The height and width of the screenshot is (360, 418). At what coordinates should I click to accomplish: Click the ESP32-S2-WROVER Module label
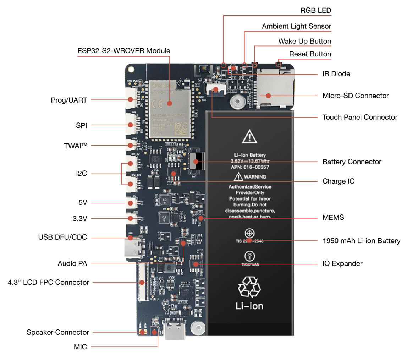pos(124,51)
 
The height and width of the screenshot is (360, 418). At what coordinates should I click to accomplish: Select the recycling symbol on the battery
pos(249,287)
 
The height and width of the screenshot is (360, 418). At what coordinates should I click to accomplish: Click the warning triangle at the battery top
pos(249,136)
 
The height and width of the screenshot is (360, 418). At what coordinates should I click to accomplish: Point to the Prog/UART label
pos(69,100)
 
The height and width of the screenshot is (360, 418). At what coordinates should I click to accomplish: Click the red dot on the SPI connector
pos(130,125)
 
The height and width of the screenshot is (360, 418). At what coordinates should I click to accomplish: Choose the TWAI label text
pos(75,146)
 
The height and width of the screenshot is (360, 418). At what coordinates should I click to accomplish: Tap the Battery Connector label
pos(352,162)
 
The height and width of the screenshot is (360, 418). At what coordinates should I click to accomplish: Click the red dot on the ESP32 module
pos(170,103)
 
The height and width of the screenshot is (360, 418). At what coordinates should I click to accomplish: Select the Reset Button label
pos(310,54)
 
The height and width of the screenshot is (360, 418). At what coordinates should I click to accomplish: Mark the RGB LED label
pos(315,10)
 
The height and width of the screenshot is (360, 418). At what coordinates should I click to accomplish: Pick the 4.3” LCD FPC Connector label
pos(48,282)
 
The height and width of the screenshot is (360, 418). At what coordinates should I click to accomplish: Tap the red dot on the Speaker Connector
pos(142,332)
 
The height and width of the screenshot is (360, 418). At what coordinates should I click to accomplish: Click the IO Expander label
pos(342,263)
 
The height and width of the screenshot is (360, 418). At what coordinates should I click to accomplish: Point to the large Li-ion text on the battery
pos(249,306)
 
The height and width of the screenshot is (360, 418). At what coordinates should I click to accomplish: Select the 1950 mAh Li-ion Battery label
pos(361,241)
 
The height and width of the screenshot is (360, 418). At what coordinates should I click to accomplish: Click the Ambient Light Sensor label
pos(296,26)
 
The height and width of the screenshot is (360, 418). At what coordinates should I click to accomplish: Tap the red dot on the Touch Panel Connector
pos(215,89)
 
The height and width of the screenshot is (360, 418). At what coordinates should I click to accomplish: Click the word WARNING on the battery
pos(255,177)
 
